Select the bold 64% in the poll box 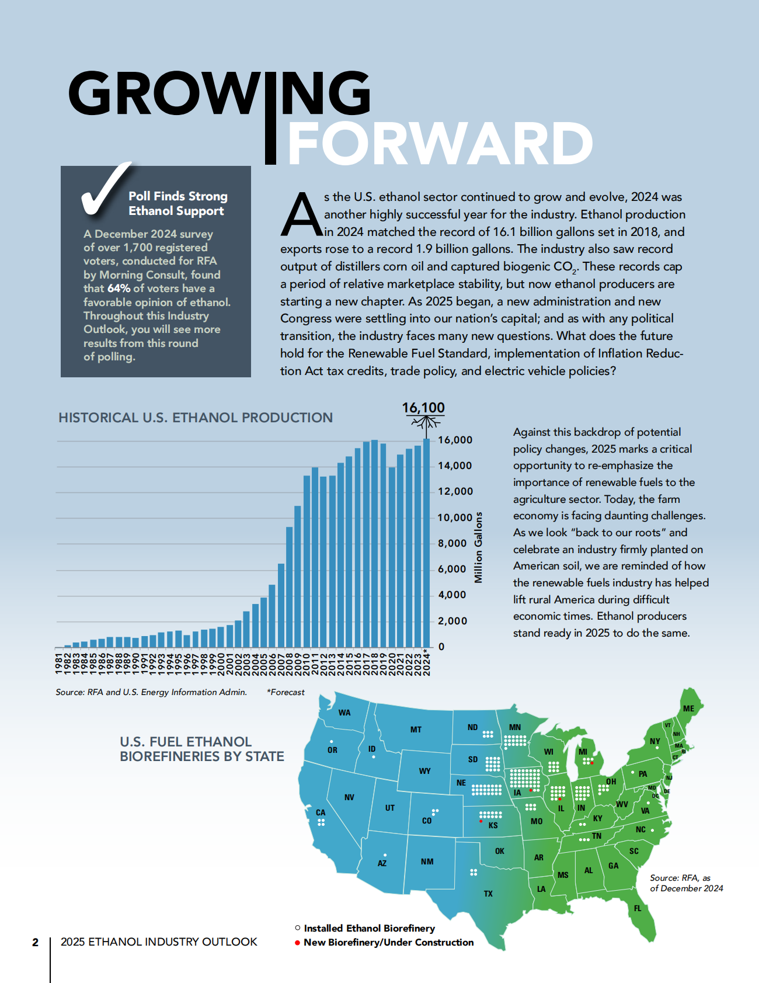point(119,289)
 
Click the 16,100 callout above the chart point(423,408)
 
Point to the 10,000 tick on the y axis point(455,517)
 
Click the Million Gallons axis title point(479,547)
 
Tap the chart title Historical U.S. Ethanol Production point(196,418)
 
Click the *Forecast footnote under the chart point(286,692)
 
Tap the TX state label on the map point(488,894)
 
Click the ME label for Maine point(689,708)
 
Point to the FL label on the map point(638,908)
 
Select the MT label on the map point(416,730)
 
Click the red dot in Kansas point(481,821)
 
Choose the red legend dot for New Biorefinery point(297,943)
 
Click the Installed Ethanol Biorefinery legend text point(369,928)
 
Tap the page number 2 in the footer point(35,942)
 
